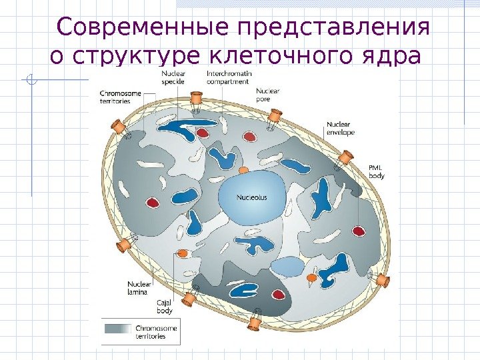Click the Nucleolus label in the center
click(x=252, y=197)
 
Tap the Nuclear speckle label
click(x=173, y=77)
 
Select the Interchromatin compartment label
click(x=229, y=77)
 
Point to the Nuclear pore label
click(x=267, y=95)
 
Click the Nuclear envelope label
click(x=341, y=128)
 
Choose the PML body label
click(x=377, y=171)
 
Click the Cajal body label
click(x=165, y=307)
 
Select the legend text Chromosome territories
click(x=156, y=332)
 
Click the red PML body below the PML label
click(x=359, y=231)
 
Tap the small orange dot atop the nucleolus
click(x=244, y=171)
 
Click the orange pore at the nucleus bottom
click(x=255, y=323)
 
